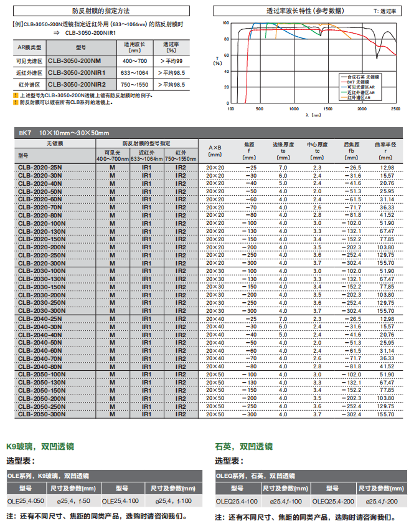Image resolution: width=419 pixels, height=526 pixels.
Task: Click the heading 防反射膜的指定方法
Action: (101, 11)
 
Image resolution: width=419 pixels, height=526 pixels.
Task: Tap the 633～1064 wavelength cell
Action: (135, 72)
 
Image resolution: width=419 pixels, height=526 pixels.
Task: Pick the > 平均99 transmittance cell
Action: (171, 61)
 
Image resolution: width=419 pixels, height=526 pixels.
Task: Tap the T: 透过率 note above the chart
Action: (387, 11)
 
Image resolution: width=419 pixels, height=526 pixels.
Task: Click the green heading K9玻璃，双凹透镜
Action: (40, 446)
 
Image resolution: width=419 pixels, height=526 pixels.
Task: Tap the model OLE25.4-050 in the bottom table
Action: (26, 500)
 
